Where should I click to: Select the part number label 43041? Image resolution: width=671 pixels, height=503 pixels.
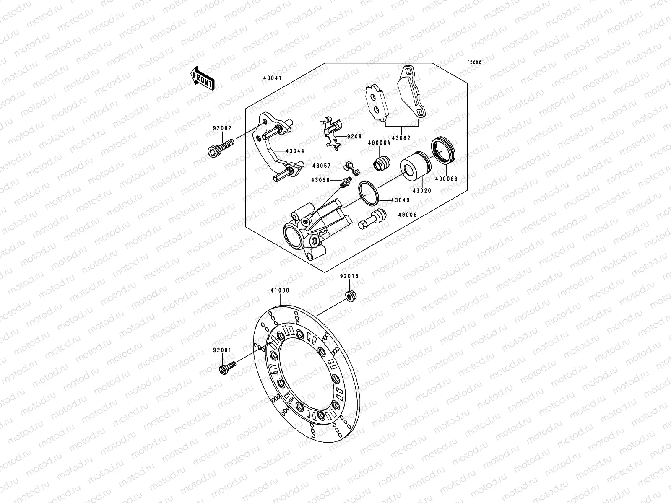[x=272, y=78]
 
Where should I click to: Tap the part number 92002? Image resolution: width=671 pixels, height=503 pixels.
[x=222, y=129]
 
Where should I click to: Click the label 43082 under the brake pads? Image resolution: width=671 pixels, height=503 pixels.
[x=401, y=137]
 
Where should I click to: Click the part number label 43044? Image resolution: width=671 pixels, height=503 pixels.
[x=295, y=151]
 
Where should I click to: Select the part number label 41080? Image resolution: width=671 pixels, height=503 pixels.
[x=280, y=290]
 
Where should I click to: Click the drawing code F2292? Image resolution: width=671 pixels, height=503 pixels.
[x=475, y=62]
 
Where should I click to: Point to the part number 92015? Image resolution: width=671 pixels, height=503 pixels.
[x=349, y=276]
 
